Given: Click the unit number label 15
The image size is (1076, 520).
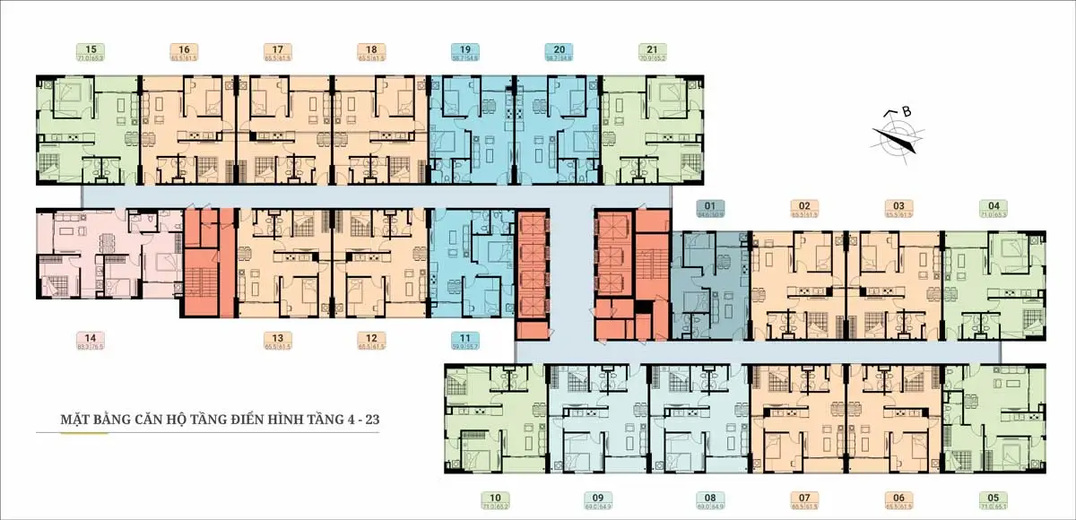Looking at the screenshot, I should (91, 49).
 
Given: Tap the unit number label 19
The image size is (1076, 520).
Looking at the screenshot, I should (464, 49).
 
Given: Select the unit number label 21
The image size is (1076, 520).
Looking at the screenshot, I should (651, 49).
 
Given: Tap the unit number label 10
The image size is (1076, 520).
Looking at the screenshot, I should (495, 496).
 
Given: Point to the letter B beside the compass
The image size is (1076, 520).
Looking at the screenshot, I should (907, 112).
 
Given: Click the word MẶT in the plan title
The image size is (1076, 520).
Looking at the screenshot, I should (73, 419).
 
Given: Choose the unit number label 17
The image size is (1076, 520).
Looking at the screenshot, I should (278, 49).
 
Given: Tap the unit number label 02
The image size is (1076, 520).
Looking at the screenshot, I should (805, 204).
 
